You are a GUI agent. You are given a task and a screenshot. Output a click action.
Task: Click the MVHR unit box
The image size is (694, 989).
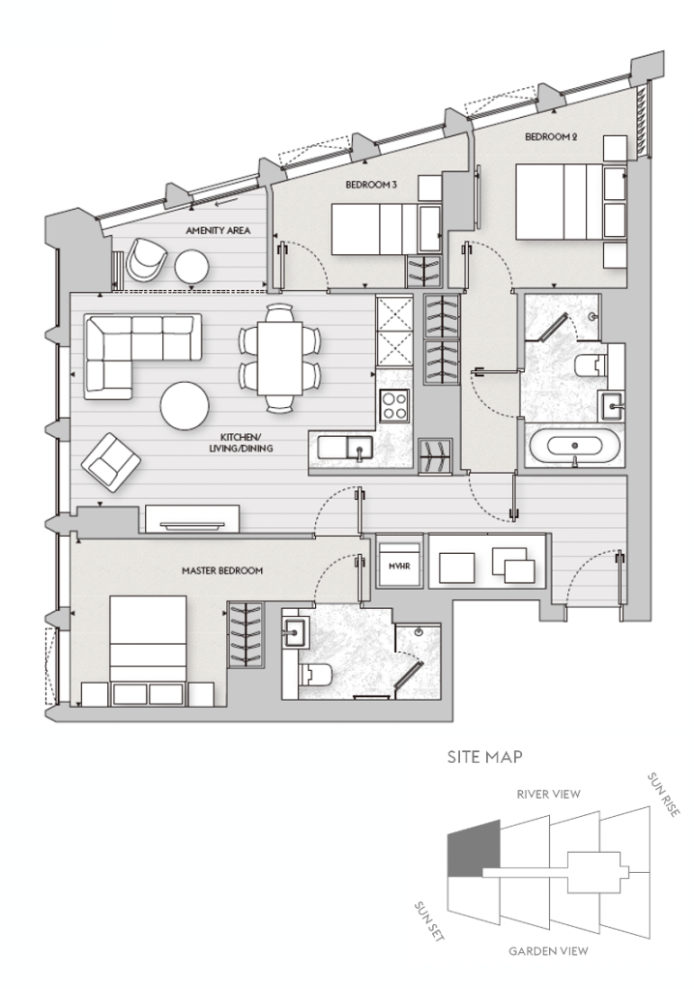pos(397,566)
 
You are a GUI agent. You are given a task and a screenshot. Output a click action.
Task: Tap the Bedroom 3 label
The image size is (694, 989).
pos(371,185)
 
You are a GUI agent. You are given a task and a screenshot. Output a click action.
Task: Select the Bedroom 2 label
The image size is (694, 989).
pos(551,136)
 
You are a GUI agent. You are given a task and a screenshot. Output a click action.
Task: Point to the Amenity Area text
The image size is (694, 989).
pos(217,231)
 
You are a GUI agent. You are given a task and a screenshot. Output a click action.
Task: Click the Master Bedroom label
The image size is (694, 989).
pos(222,570)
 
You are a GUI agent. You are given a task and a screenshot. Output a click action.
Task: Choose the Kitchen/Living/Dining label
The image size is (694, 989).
pos(241,443)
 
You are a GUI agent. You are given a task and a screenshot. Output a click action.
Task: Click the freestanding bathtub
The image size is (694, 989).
pos(574,447)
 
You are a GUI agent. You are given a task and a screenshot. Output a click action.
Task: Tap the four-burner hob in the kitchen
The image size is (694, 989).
pos(394,406)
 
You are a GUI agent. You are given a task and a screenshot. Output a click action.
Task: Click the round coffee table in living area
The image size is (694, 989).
pos(185,406)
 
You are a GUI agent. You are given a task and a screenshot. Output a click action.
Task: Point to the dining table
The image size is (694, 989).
pos(279,359)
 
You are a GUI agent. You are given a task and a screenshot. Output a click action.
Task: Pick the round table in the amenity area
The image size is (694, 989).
pos(191,267)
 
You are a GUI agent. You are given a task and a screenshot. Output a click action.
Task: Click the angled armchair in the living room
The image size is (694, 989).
pos(111,462)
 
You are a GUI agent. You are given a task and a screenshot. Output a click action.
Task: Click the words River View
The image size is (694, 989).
pos(548,794)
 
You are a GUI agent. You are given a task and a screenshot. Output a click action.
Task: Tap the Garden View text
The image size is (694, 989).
pos(548,951)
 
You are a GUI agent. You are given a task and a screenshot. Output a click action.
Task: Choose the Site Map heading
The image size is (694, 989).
pos(484,756)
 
